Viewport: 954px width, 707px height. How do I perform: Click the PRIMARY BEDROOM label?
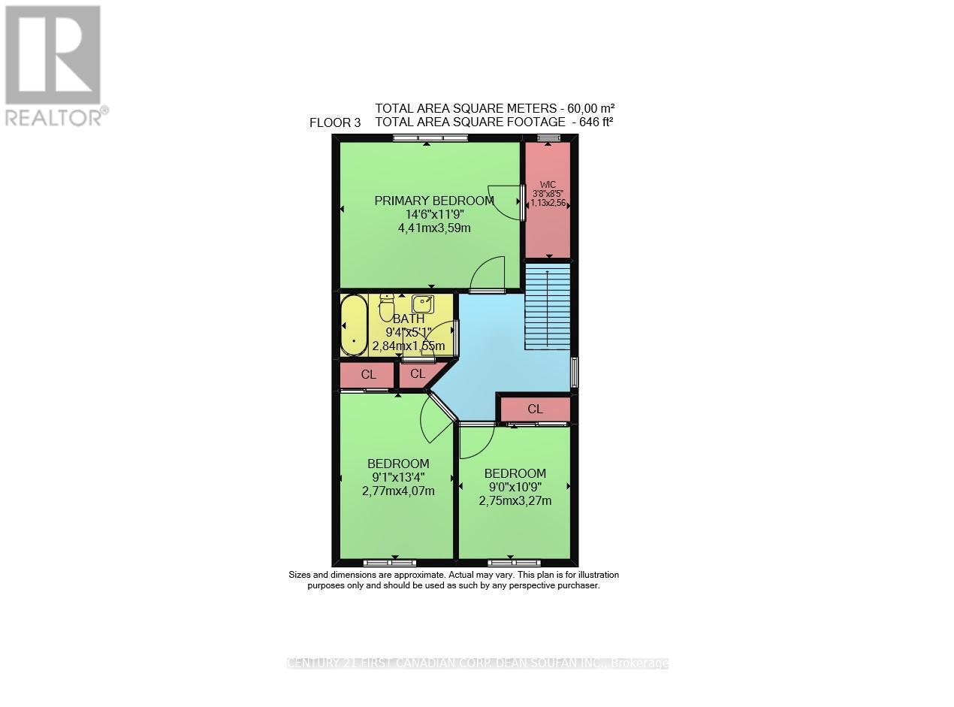pos(434,201)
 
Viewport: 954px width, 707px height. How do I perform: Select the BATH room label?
pos(409,319)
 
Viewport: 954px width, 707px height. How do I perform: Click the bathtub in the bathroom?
pos(354,325)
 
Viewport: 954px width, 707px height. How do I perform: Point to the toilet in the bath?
pos(387,307)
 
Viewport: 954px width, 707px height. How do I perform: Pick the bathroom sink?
pos(422,304)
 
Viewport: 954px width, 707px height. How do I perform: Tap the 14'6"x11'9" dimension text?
pos(434,214)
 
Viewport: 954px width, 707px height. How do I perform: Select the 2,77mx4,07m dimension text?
pos(398,491)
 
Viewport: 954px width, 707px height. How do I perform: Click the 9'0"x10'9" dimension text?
pos(515,487)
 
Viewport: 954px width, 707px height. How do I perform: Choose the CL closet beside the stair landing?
pos(535,409)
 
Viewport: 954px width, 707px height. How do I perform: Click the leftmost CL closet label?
pos(368,374)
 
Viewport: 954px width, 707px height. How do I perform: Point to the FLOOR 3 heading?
pos(335,123)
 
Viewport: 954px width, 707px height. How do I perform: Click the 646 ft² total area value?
pos(593,121)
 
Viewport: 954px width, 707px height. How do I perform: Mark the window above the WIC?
pos(548,137)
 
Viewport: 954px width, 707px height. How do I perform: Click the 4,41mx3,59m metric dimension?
pos(434,228)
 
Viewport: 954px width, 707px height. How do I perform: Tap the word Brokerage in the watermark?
pos(639,663)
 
